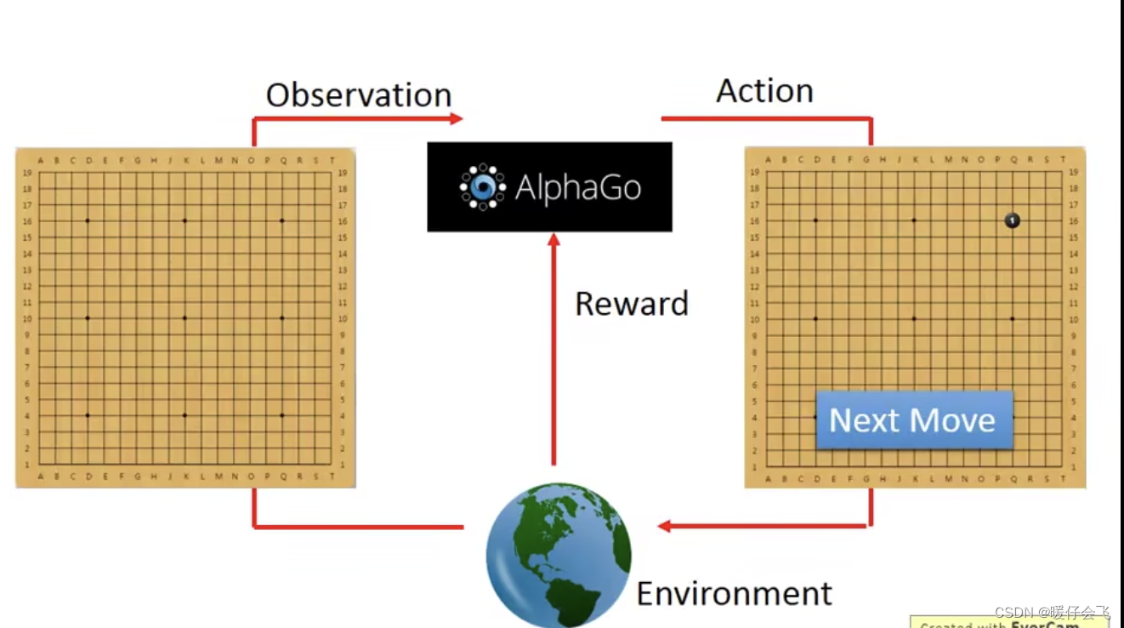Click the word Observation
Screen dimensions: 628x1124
(x=358, y=95)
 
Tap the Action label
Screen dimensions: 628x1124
(x=764, y=91)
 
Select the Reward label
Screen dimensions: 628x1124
(x=631, y=304)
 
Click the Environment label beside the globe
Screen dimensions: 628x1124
(x=734, y=593)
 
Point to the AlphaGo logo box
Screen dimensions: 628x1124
(x=549, y=186)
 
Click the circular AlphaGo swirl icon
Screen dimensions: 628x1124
(x=482, y=186)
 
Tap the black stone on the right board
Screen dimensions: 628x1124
(x=1012, y=220)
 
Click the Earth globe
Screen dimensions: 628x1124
(x=559, y=556)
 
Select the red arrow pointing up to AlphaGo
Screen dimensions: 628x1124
(x=554, y=349)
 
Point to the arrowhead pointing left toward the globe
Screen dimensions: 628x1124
(x=666, y=526)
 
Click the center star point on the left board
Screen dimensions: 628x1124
(x=184, y=318)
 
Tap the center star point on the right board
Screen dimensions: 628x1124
(x=914, y=319)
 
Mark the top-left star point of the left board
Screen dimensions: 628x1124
(x=88, y=220)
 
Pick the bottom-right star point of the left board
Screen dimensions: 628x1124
(x=281, y=415)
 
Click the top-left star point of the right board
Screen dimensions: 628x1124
(x=815, y=220)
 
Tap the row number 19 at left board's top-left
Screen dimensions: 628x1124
(x=28, y=173)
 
